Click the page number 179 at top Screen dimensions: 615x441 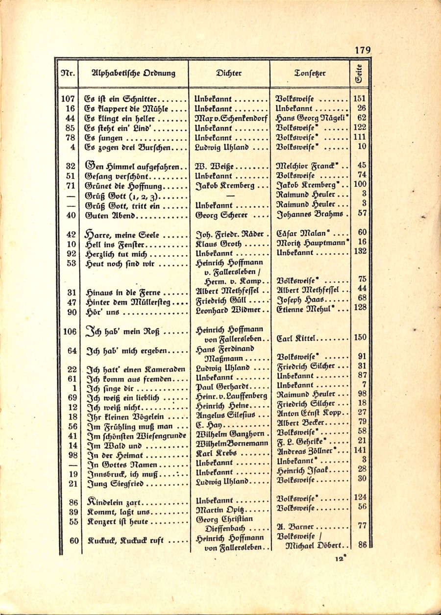tap(362, 50)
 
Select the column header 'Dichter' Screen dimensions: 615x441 tap(228, 74)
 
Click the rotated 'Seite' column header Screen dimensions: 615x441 tap(359, 74)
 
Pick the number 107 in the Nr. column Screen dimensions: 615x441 tap(68, 98)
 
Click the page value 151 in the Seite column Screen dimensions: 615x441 tap(360, 98)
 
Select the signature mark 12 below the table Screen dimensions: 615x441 tap(339, 559)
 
